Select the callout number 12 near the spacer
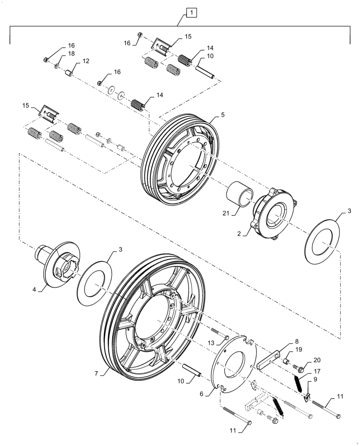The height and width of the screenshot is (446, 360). coord(86,61)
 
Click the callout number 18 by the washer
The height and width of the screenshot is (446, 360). coord(71,54)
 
